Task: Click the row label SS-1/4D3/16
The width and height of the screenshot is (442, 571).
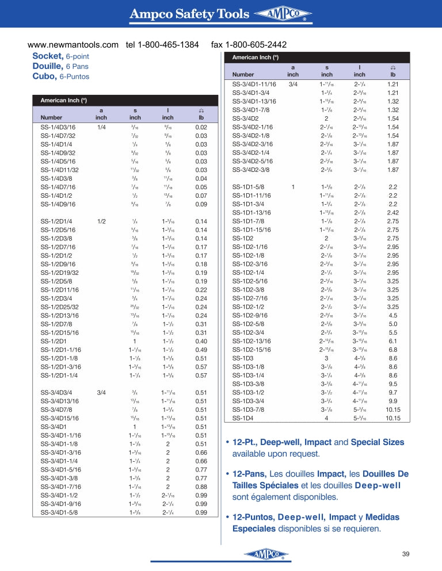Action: pos(58,127)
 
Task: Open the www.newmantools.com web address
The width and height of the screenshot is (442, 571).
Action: pos(73,45)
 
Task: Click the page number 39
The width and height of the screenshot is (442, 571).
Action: pos(405,554)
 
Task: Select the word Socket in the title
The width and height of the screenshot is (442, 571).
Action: pos(47,56)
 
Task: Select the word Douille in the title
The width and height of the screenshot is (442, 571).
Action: pos(48,66)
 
